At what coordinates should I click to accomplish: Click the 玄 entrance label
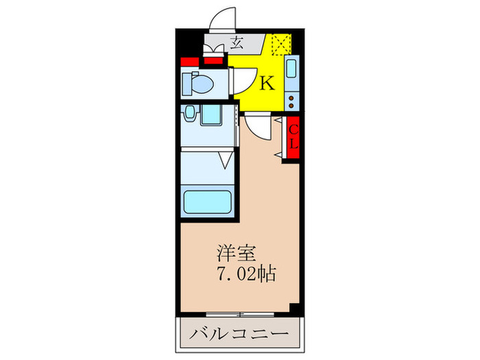pyautogui.click(x=237, y=45)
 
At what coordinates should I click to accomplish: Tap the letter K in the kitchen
pyautogui.click(x=266, y=84)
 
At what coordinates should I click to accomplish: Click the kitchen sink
pyautogui.click(x=291, y=71)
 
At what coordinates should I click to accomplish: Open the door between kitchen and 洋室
pyautogui.click(x=256, y=126)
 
